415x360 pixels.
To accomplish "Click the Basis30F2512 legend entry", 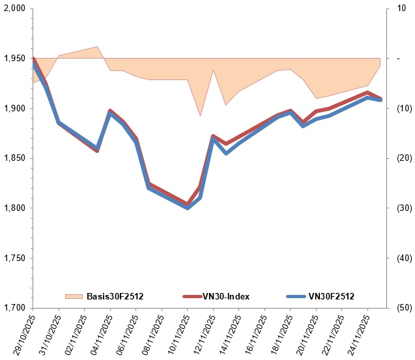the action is pyautogui.click(x=104, y=296).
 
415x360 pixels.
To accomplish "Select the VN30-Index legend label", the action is pyautogui.click(x=226, y=296).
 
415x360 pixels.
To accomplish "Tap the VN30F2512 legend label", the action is pyautogui.click(x=332, y=296).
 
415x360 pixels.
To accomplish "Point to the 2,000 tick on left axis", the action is pyautogui.click(x=14, y=8).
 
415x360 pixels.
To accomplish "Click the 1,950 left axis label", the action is pyautogui.click(x=14, y=59).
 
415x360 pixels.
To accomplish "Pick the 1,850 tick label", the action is pyautogui.click(x=14, y=158).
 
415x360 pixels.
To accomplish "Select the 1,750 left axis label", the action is pyautogui.click(x=14, y=258).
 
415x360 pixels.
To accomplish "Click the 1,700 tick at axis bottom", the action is pyautogui.click(x=14, y=308).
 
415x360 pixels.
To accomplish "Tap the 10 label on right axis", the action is pyautogui.click(x=401, y=8).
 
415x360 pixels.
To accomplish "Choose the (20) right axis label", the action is pyautogui.click(x=405, y=158).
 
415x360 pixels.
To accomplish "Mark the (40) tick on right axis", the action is pyautogui.click(x=405, y=258).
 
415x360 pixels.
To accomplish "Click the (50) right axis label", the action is pyautogui.click(x=405, y=308).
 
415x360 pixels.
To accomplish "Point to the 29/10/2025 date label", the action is pyautogui.click(x=23, y=335).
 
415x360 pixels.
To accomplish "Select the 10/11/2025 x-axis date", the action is pyautogui.click(x=178, y=335).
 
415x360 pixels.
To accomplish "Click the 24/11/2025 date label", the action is pyautogui.click(x=358, y=335).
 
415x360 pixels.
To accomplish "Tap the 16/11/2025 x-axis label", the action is pyautogui.click(x=255, y=335).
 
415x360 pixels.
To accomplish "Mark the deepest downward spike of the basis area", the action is pyautogui.click(x=201, y=116).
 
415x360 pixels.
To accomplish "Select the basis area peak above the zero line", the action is pyautogui.click(x=98, y=47).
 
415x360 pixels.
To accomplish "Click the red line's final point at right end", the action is pyautogui.click(x=380, y=98).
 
